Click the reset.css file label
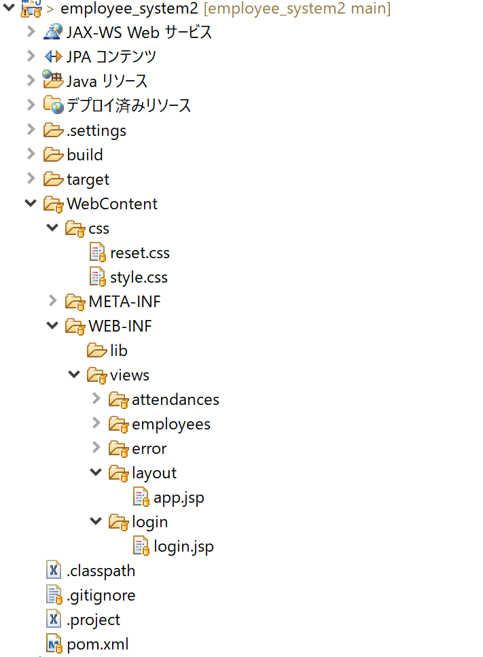point(140,253)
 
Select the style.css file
point(139,278)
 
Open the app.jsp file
point(179,498)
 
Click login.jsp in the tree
point(183,547)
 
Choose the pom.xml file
point(97,645)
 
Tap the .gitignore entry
point(101,596)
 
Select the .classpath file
point(101,571)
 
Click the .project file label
point(93,620)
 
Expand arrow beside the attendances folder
point(95,399)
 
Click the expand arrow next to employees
point(95,424)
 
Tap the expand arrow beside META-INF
point(52,302)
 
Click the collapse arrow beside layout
point(95,473)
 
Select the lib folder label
point(119,351)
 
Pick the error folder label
point(149,449)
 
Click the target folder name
point(88,180)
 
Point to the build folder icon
point(53,155)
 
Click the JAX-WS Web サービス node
point(139,33)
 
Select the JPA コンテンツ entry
point(111,57)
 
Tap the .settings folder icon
point(53,130)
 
